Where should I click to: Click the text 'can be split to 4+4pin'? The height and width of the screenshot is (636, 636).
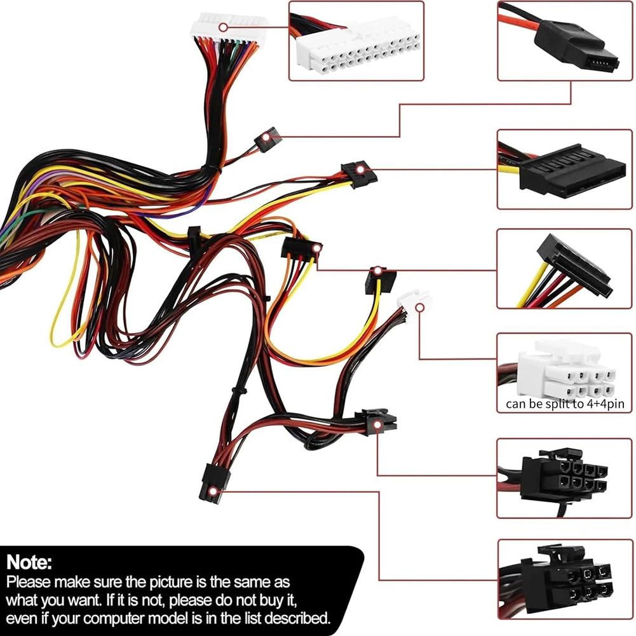[x=564, y=403]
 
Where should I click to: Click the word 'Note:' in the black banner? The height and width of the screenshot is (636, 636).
[x=29, y=562]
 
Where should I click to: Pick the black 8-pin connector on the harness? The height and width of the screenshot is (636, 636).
[x=376, y=421]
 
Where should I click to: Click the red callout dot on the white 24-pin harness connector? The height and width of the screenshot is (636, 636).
[x=223, y=27]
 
